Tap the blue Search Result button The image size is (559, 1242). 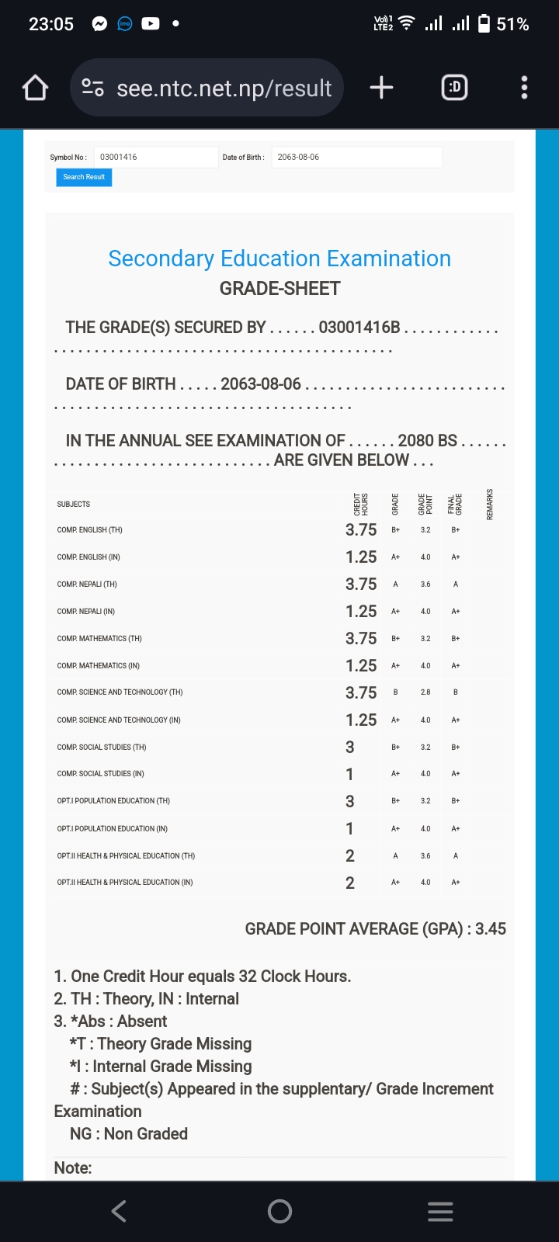coord(84,177)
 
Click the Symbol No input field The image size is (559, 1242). coord(155,157)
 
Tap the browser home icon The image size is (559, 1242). coord(35,88)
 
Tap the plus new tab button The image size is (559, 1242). coord(381,88)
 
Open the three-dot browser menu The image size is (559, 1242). coord(524,88)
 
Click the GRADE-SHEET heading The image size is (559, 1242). coord(279,289)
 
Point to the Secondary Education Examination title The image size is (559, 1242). coord(279,258)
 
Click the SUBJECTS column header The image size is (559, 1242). coord(74,505)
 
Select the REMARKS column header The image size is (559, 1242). coord(490,504)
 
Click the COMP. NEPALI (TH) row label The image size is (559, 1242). coord(87,585)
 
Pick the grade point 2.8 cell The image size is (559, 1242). coord(425,692)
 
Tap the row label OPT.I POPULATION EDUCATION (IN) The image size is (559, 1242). coord(113,829)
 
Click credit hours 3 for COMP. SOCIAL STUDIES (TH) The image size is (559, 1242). coord(350,747)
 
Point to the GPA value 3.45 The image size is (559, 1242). coord(491,929)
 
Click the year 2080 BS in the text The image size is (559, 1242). coord(427,440)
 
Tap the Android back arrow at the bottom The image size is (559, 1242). coord(119,1211)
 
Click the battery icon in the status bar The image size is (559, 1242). coord(484,24)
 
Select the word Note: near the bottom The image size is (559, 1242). coord(73,1168)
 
